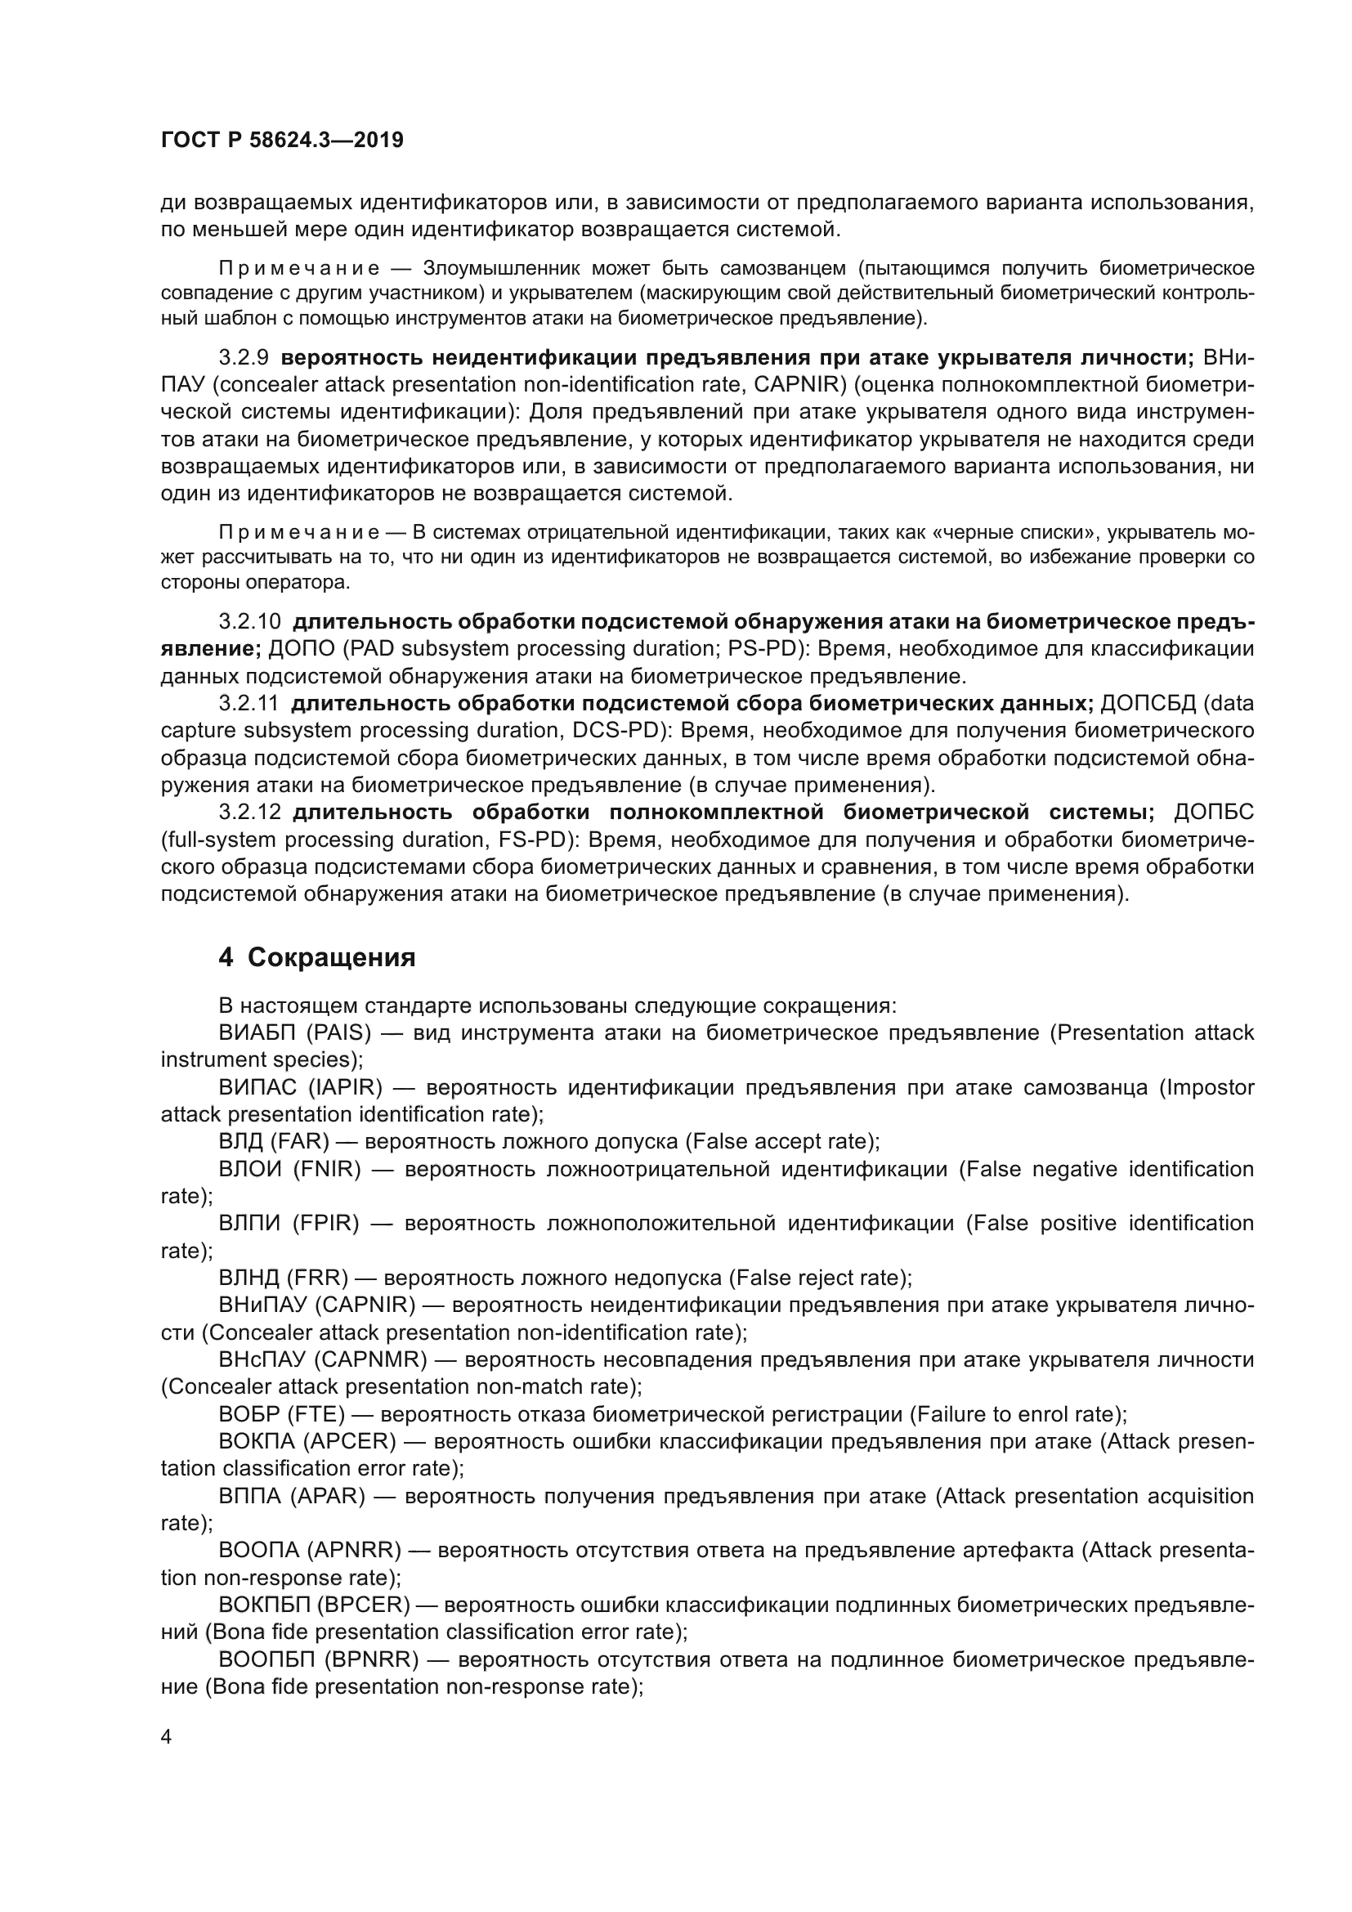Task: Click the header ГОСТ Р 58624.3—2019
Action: [x=281, y=140]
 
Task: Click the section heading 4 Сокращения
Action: [x=316, y=958]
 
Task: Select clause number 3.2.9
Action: [x=243, y=358]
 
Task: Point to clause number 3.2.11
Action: [x=248, y=704]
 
